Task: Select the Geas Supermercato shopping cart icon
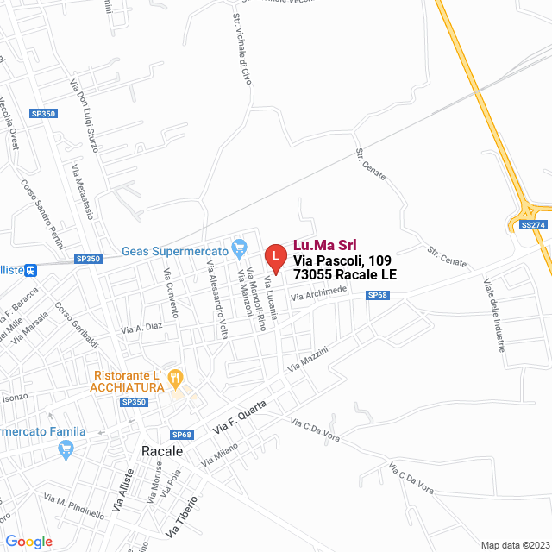(241, 251)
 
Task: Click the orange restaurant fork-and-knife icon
(176, 376)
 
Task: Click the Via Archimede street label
(318, 294)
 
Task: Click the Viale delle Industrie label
(493, 316)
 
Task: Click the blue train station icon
(30, 269)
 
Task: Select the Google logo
(28, 541)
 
